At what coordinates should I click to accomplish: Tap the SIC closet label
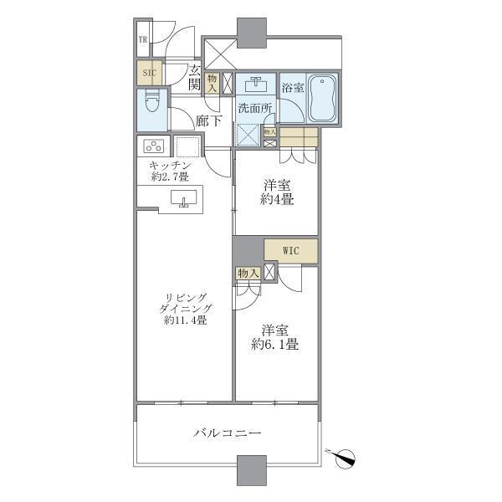pyautogui.click(x=150, y=73)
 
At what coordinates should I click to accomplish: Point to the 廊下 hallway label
pyautogui.click(x=209, y=120)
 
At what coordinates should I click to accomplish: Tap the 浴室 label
pyautogui.click(x=292, y=86)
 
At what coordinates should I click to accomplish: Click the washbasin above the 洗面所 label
pyautogui.click(x=255, y=85)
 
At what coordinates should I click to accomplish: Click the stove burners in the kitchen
pyautogui.click(x=156, y=146)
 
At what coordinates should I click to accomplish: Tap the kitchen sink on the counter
pyautogui.click(x=183, y=199)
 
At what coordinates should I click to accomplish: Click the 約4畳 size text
pyautogui.click(x=276, y=200)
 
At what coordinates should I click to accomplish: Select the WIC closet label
pyautogui.click(x=290, y=250)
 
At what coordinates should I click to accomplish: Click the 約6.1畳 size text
pyautogui.click(x=276, y=344)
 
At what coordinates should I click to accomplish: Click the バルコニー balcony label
pyautogui.click(x=228, y=433)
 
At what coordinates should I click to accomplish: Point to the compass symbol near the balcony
pyautogui.click(x=345, y=457)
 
